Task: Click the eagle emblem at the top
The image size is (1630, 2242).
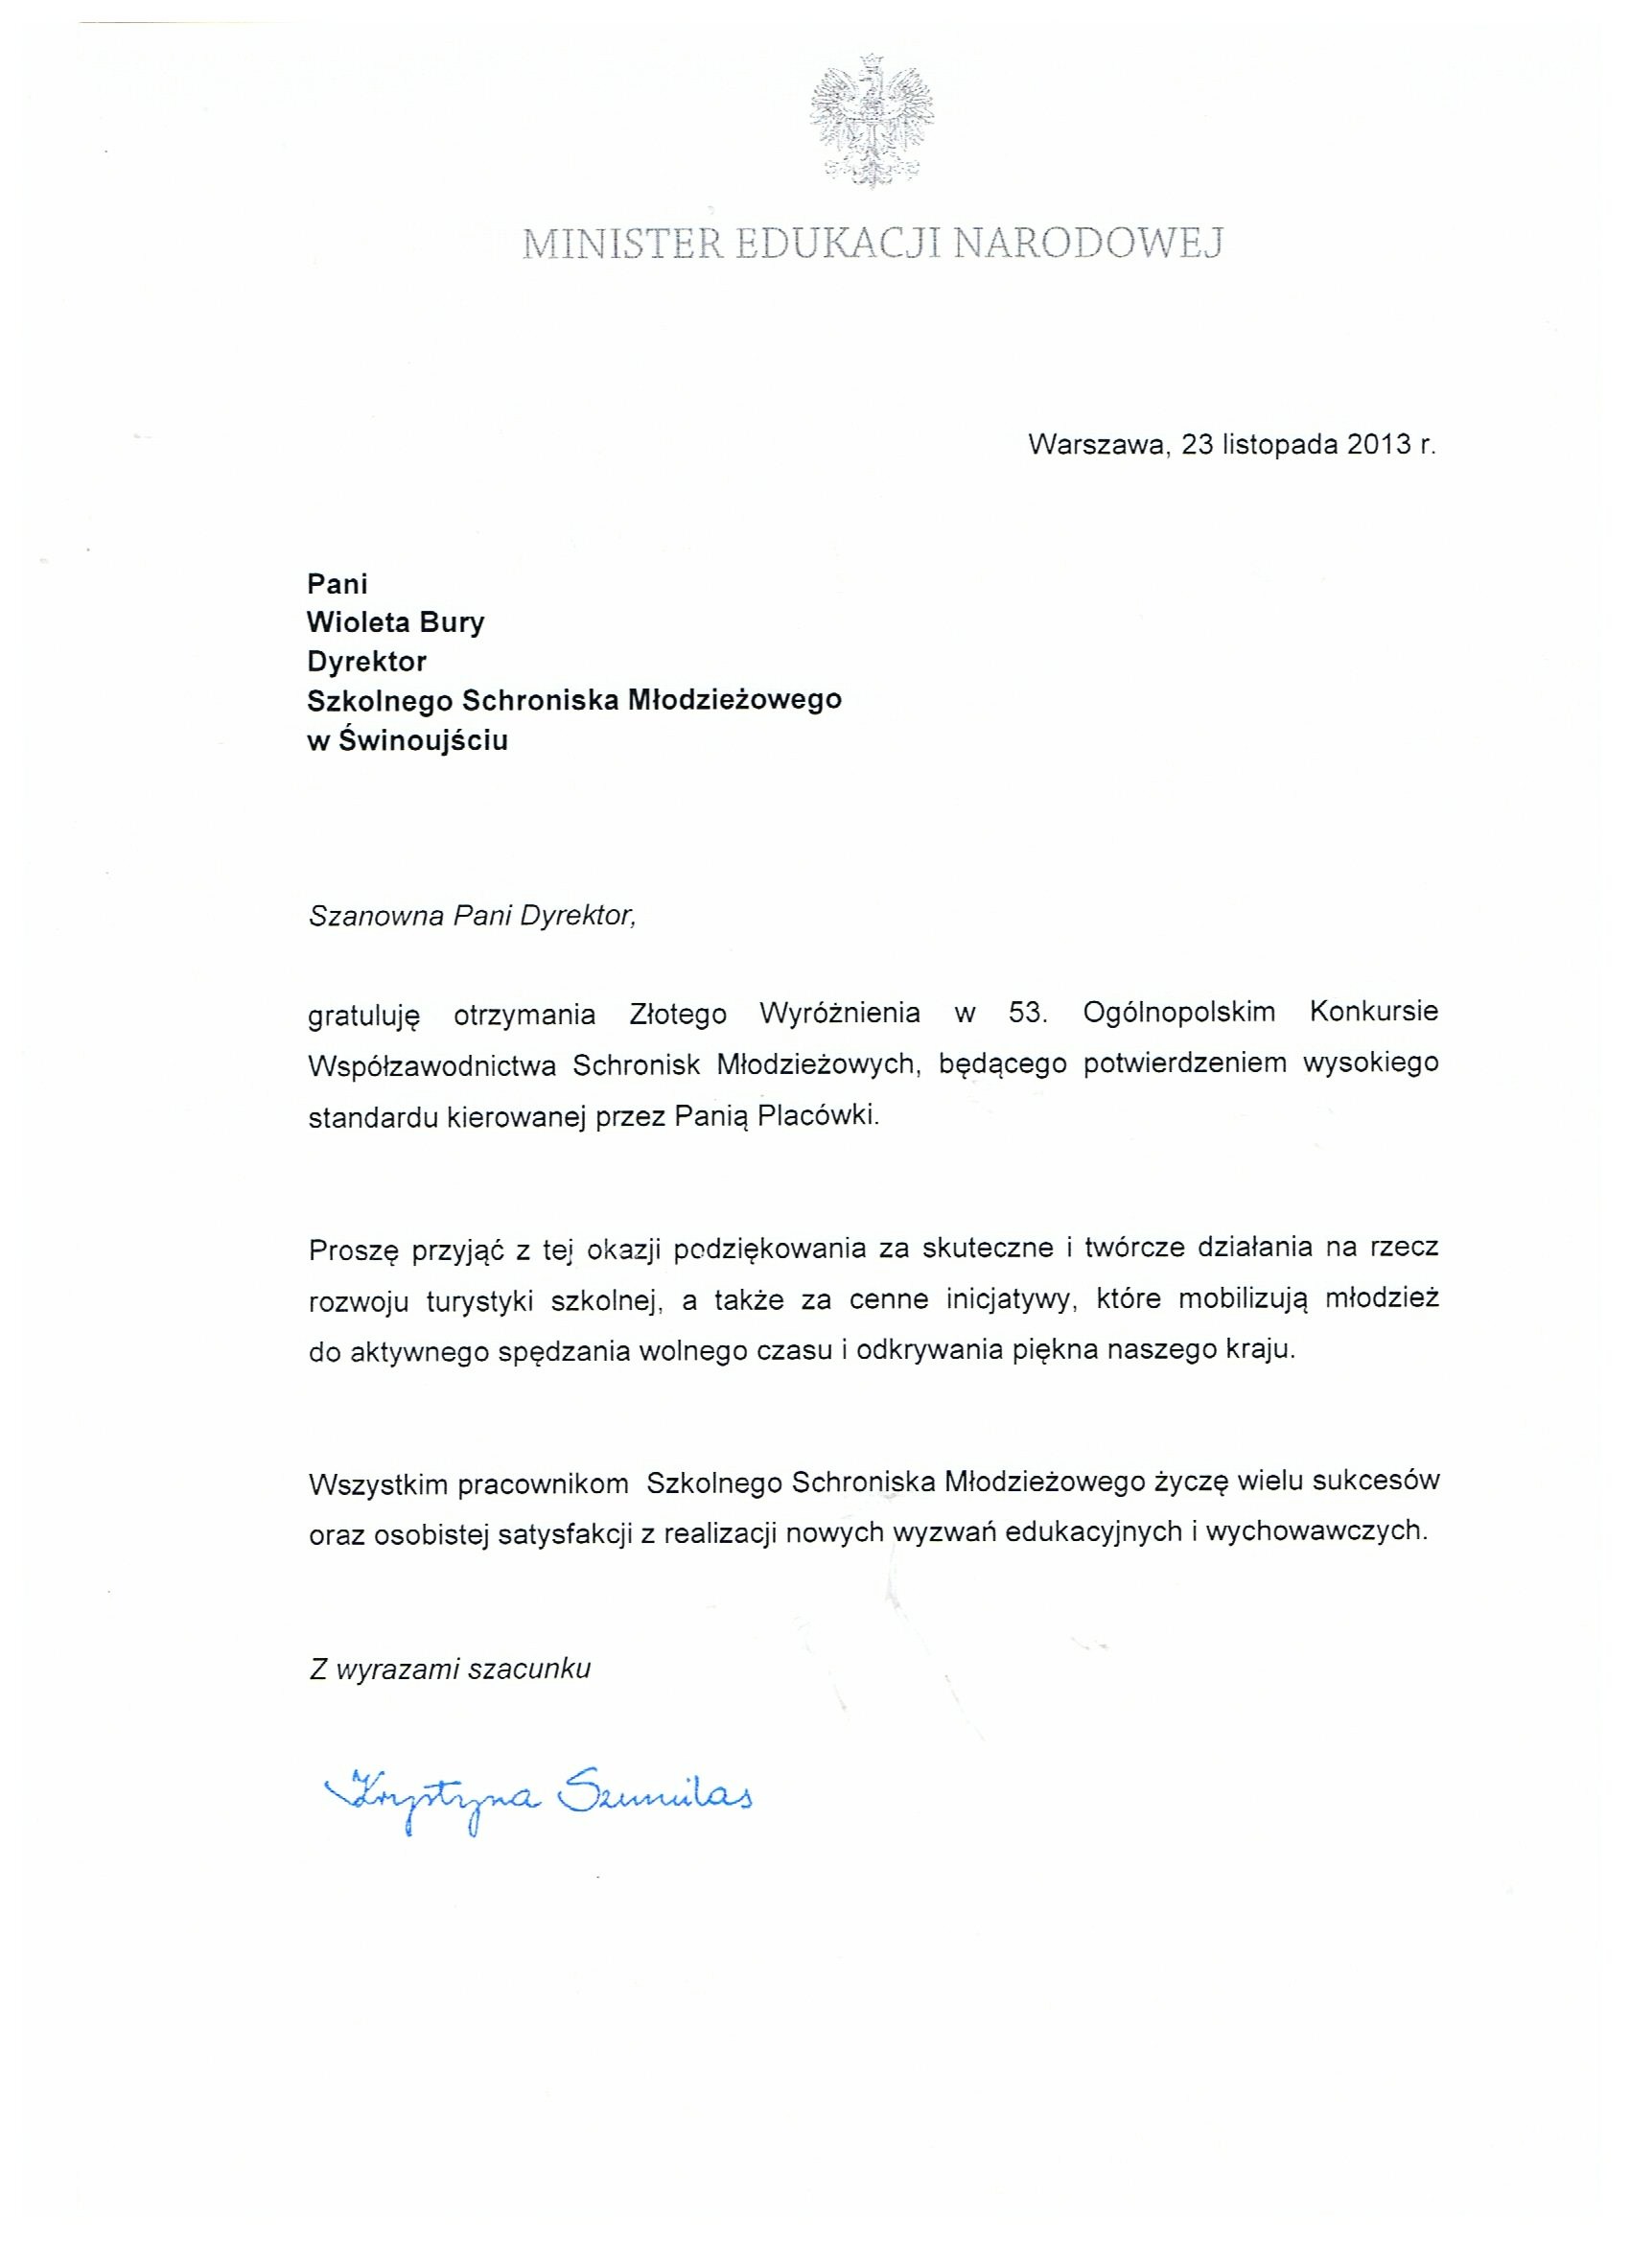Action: [x=871, y=123]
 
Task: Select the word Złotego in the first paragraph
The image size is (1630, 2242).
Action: [x=677, y=1014]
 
